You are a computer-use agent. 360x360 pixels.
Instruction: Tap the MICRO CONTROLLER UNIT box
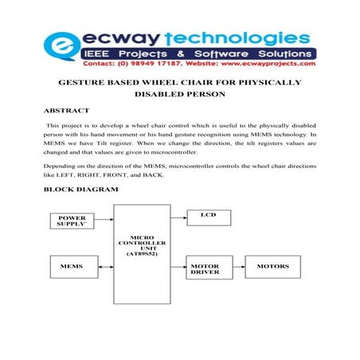point(146,245)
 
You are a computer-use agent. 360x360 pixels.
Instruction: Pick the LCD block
point(209,216)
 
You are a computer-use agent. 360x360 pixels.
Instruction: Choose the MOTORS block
point(272,265)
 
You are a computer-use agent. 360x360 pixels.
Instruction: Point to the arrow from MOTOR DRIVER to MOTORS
point(240,265)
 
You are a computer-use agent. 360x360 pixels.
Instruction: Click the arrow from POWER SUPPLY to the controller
point(106,219)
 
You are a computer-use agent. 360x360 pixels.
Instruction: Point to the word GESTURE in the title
point(84,83)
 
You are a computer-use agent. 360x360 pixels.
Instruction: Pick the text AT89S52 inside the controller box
point(146,252)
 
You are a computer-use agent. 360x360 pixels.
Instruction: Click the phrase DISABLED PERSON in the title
point(180,94)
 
